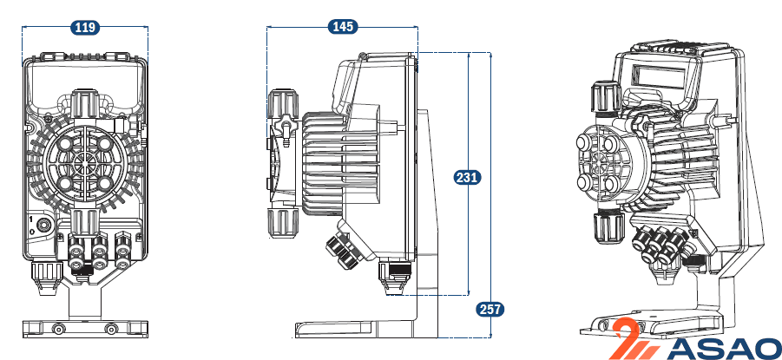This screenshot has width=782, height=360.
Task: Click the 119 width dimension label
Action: point(85,27)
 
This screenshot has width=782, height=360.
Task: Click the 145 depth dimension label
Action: point(343,27)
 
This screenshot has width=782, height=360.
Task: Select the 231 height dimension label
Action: point(467,177)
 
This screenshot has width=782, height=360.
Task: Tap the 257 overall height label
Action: point(490,309)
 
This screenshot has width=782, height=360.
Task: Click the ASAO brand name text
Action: point(723,349)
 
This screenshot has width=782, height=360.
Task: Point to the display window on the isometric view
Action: point(658,77)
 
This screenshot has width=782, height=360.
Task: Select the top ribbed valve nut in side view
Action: point(283,104)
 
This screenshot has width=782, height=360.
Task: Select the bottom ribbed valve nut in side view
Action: point(283,224)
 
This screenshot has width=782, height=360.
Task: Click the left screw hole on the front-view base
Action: point(59,329)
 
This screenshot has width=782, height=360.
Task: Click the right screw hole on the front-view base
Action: point(112,329)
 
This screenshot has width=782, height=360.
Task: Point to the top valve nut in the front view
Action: point(85,103)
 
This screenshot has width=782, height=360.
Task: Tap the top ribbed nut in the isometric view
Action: point(606,97)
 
